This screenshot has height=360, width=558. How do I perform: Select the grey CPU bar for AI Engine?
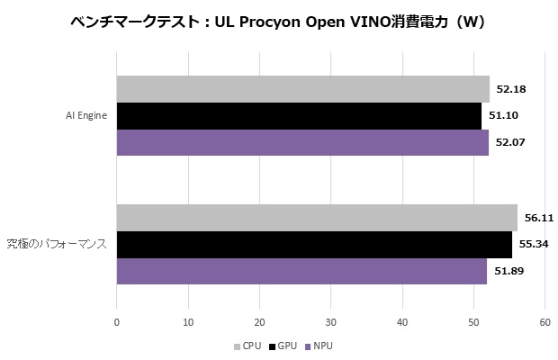[303, 89]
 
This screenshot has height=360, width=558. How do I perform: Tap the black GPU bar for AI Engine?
[299, 116]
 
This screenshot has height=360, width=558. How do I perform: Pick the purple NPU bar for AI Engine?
[302, 142]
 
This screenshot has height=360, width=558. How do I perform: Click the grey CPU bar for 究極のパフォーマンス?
[317, 218]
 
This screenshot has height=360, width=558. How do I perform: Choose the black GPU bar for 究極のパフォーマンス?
[314, 244]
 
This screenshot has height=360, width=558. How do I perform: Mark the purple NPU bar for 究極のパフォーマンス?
[301, 271]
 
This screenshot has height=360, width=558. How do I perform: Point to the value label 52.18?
[510, 89]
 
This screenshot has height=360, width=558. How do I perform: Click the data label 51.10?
[503, 116]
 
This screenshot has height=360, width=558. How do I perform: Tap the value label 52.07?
[510, 142]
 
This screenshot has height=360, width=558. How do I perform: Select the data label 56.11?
[539, 218]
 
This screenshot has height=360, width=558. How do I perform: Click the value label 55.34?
[534, 244]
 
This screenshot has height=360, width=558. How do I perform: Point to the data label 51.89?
[508, 271]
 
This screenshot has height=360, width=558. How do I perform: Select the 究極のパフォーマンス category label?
[58, 244]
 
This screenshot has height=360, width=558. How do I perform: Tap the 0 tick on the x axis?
[117, 321]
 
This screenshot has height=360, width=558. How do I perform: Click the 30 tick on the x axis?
[330, 321]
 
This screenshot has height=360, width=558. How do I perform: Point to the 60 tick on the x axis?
[544, 321]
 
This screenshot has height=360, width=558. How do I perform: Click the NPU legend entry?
[319, 346]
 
